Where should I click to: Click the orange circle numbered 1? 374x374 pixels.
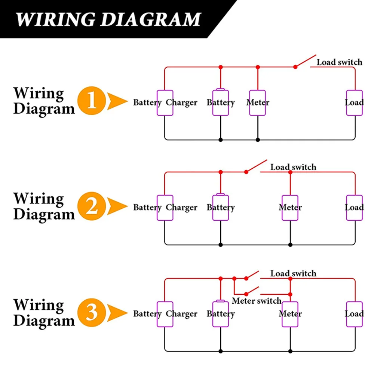click(92, 101)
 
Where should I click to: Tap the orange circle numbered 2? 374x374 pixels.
click(92, 206)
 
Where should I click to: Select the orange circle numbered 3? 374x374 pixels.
click(92, 312)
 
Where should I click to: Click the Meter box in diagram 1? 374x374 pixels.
click(257, 103)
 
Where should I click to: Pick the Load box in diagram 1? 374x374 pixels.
click(355, 103)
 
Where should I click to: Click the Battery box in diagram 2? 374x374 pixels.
click(221, 207)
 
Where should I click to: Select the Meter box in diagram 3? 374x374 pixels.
click(290, 314)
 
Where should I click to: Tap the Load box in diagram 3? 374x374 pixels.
click(355, 314)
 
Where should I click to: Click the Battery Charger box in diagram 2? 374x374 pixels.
click(165, 208)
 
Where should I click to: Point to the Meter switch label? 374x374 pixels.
click(257, 301)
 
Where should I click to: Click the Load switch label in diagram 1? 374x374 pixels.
click(340, 62)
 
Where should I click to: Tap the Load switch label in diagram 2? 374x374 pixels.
click(293, 167)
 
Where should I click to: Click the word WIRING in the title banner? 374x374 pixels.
click(56, 19)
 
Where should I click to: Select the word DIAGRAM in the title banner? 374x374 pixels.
click(151, 19)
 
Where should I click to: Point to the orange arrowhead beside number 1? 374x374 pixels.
click(117, 101)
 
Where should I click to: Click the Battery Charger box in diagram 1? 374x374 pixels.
click(165, 103)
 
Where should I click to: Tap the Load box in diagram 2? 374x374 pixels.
click(355, 208)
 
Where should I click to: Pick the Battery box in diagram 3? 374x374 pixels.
click(221, 313)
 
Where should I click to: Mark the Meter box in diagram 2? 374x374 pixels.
click(290, 208)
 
